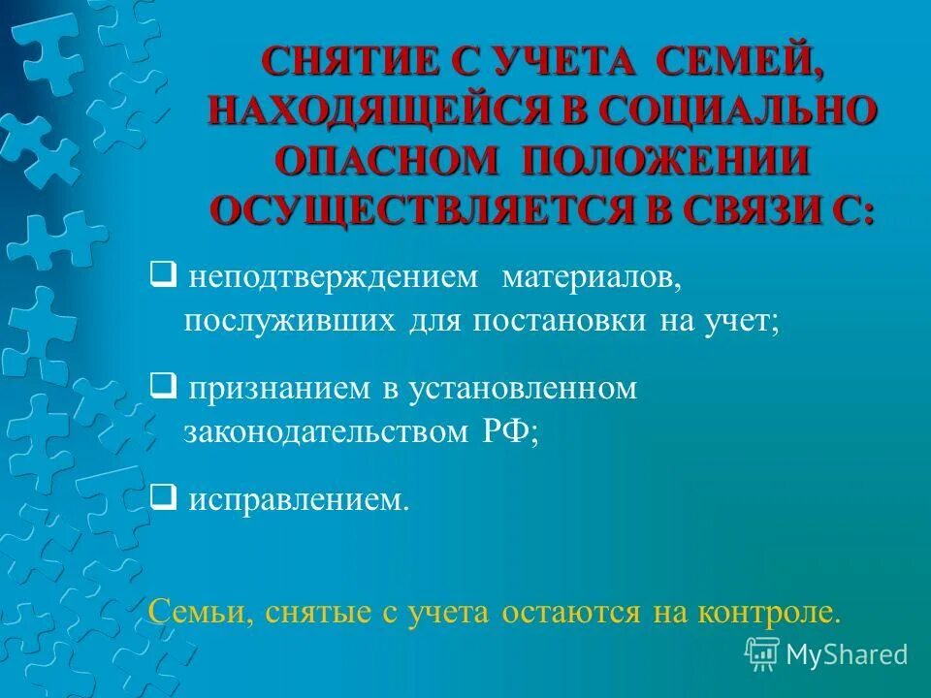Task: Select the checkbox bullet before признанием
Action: [163, 388]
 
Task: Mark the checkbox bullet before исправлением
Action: [163, 499]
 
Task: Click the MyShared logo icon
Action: [762, 653]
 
